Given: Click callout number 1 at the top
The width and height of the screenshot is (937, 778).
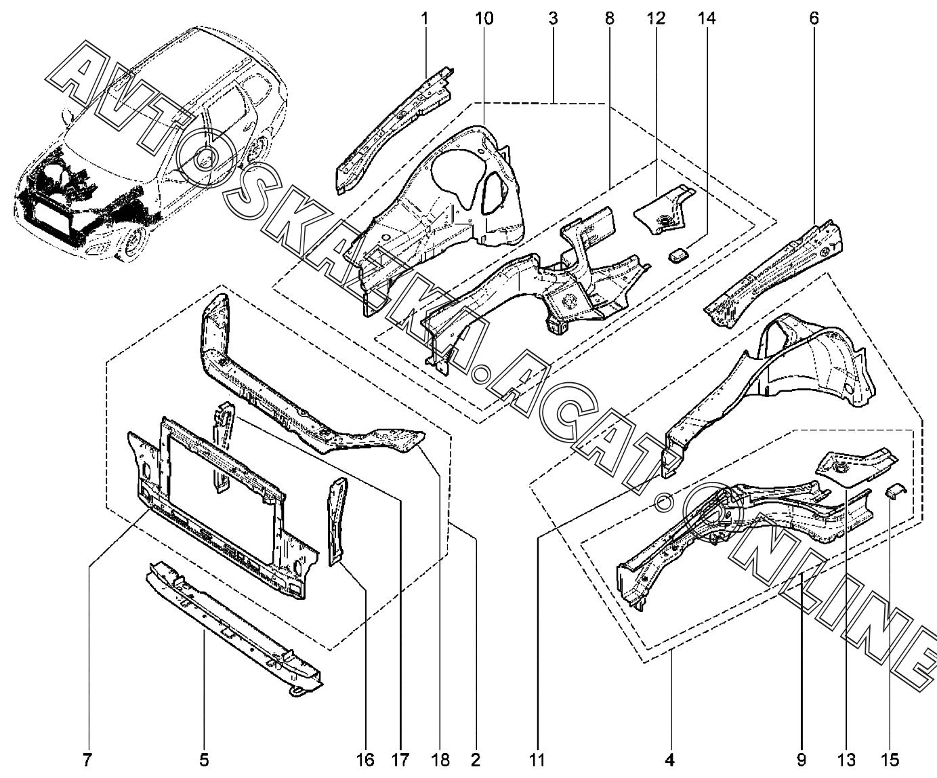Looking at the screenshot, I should [x=425, y=18].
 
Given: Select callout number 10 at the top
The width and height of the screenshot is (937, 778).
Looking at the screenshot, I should [x=484, y=18].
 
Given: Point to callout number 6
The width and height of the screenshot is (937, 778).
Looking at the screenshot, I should [x=813, y=18].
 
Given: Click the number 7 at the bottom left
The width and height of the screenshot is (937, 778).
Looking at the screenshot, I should [x=87, y=760].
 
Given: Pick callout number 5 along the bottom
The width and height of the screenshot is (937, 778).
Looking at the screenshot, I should [x=205, y=760].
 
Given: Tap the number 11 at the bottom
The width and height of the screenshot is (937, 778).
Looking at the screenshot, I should [x=537, y=760].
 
